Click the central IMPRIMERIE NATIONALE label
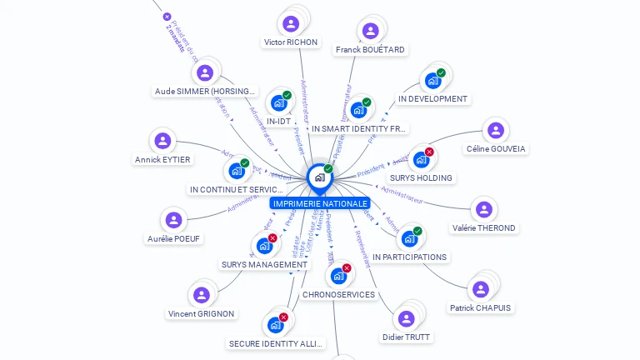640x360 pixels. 319,203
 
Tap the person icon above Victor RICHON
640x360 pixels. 291,23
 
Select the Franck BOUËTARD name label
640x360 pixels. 371,50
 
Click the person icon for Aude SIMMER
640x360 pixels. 205,72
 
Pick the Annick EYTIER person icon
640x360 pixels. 162,141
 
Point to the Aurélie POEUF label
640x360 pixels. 175,239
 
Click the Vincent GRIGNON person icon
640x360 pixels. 201,295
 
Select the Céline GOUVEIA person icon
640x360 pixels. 495,130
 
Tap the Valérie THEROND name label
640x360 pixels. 483,228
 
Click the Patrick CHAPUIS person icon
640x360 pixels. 480,289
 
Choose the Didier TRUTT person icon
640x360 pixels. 406,318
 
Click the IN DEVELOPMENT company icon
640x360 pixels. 432,81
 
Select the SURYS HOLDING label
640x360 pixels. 421,178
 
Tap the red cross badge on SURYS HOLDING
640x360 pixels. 429,152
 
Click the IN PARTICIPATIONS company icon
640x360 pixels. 408,239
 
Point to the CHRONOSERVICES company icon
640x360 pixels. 338,276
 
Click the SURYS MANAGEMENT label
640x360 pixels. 264,265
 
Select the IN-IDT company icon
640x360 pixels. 278,103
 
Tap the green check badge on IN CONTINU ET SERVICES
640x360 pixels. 244,163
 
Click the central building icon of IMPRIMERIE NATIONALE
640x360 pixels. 319,177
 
